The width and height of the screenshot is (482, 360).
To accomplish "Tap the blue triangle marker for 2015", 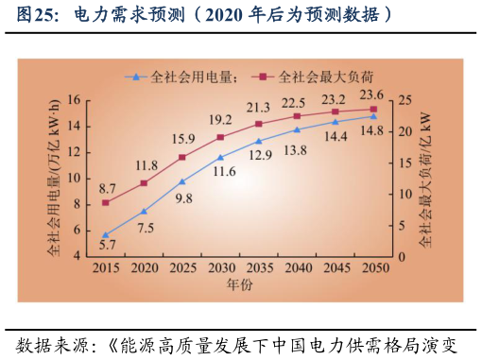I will tap(106, 234).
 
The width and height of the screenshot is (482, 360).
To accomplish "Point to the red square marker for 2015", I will tap(106, 202).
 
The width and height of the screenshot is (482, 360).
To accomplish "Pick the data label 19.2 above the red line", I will tap(220, 120).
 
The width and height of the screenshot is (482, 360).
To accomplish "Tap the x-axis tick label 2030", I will tap(220, 269).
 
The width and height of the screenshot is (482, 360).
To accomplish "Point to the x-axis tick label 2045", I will tap(335, 269).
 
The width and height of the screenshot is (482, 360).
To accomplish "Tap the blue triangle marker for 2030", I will tap(220, 158).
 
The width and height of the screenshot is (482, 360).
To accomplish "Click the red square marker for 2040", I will tap(297, 116).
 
